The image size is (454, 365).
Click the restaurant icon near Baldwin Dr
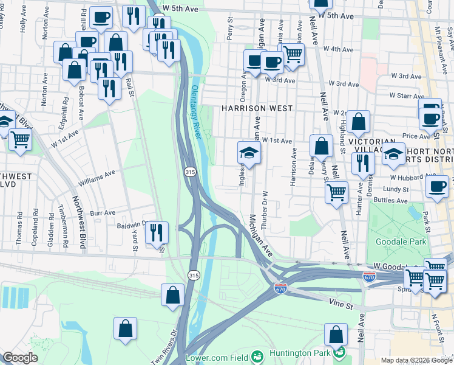pyautogui.click(x=157, y=231)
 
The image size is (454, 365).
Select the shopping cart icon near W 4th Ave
pyautogui.click(x=293, y=54)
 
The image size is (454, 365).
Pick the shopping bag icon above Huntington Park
pyautogui.click(x=336, y=334)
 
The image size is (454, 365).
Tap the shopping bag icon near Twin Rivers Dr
pyautogui.click(x=125, y=328)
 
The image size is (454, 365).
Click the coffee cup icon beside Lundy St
pyautogui.click(x=436, y=187)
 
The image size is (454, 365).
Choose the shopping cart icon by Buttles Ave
pyautogui.click(x=336, y=192)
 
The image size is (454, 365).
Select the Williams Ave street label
pyautogui.click(x=97, y=178)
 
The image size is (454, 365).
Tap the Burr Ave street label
pyautogui.click(x=102, y=213)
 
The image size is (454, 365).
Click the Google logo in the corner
pyautogui.click(x=20, y=358)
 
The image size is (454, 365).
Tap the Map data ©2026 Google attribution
pyautogui.click(x=416, y=360)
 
